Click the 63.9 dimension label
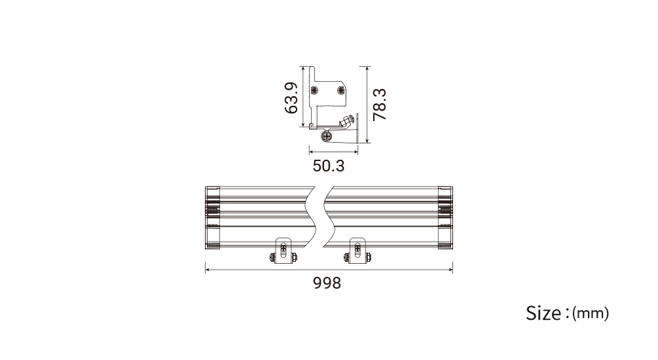pos(291,98)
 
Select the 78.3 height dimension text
pos(380,105)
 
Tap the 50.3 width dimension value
pos(329,166)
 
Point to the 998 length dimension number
pos(327,283)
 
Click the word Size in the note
pos(544,313)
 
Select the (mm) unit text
pos(591,314)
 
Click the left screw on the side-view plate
pos(314,90)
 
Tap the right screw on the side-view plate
pos(340,90)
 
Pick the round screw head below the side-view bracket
pos(327,136)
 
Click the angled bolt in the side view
pos(348,121)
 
